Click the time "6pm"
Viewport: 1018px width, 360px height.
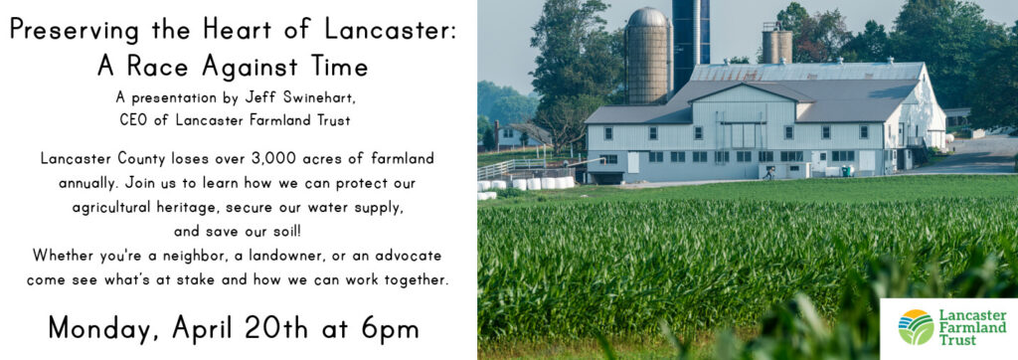[386, 327]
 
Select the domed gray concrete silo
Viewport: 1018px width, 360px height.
[649, 57]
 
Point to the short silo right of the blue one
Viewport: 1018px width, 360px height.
[777, 43]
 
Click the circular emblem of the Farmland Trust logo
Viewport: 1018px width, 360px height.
[916, 327]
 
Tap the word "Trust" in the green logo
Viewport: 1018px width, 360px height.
[959, 340]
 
